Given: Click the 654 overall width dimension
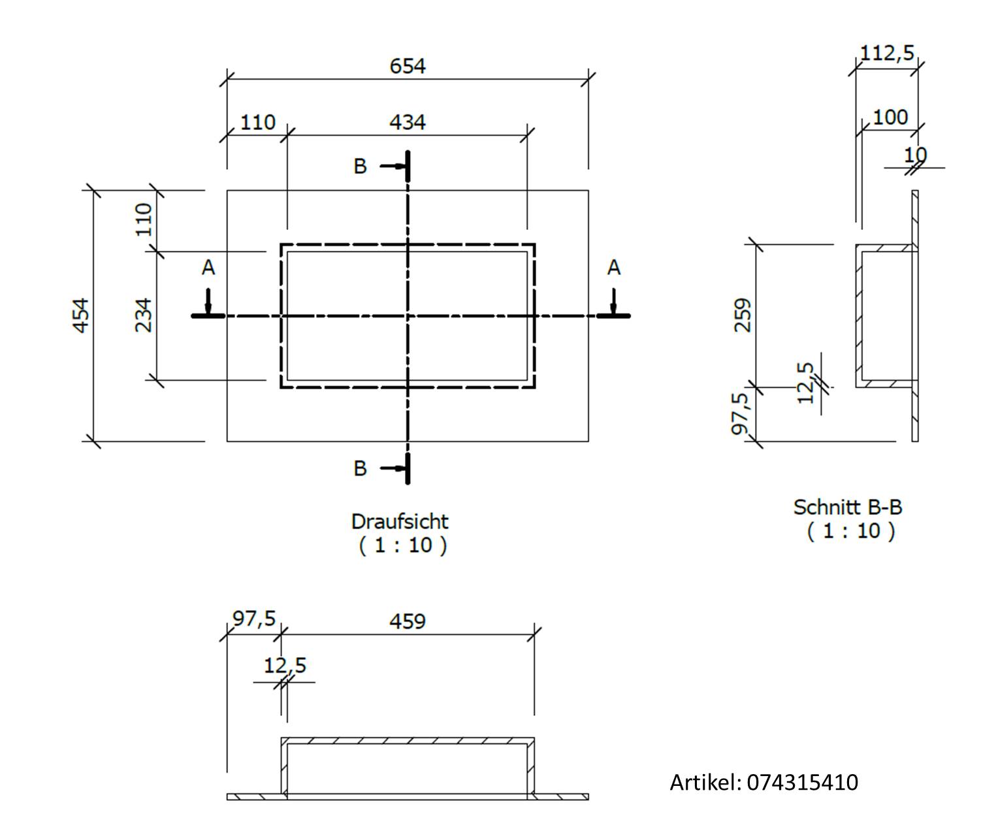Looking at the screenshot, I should tap(407, 66).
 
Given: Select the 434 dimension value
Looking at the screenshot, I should tap(407, 122).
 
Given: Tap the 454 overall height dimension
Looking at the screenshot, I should tap(80, 316).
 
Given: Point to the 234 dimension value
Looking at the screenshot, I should tap(144, 315).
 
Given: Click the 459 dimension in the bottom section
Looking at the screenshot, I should tap(407, 621).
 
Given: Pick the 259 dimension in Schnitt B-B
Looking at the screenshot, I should tap(743, 315).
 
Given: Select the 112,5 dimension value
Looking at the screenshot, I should tap(887, 52).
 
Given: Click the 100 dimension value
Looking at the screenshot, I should tap(890, 118).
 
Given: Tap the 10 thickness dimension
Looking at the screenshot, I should tap(915, 155).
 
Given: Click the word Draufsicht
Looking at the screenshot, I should tap(400, 521).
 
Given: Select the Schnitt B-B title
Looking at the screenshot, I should tap(848, 507).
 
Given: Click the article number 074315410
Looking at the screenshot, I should tap(802, 782).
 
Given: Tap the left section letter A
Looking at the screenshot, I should tap(208, 267).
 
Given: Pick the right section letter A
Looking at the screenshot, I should tap(613, 267).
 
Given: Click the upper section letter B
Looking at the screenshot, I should tap(360, 167).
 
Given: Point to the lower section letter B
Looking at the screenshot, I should tap(360, 468).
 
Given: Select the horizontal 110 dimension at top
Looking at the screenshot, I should tap(258, 122).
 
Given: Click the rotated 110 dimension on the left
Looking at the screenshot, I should tap(144, 219).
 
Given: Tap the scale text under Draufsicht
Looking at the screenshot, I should tap(402, 545).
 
